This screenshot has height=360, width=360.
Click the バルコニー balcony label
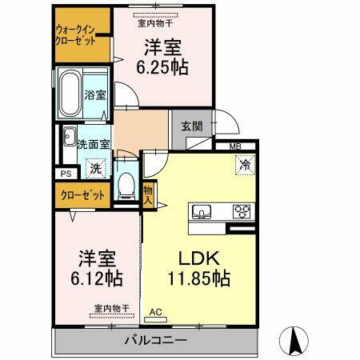click(x=155, y=341)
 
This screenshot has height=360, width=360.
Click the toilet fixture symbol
click(x=125, y=186)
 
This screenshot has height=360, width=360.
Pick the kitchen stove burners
click(x=241, y=211)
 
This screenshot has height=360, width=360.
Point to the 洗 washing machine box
click(x=95, y=168)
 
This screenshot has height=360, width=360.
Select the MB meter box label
click(x=236, y=146)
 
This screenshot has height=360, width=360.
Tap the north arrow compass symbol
click(x=294, y=340)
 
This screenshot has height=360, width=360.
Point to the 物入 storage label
click(x=148, y=195)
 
